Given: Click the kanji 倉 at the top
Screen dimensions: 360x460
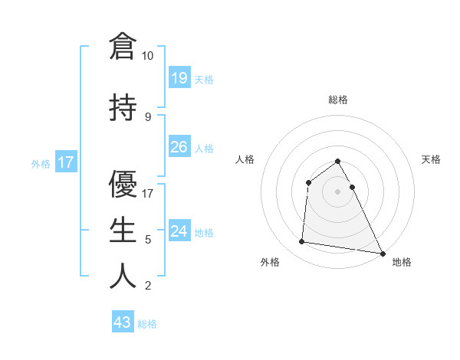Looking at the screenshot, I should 123,45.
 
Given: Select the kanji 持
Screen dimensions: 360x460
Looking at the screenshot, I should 123,107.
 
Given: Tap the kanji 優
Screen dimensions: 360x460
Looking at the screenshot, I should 123,184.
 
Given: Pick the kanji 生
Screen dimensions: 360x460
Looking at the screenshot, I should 123,230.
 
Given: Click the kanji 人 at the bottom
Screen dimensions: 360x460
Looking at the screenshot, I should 123,276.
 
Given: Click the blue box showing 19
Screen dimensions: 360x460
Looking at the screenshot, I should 179,77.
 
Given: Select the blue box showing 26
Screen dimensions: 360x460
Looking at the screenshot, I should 179,147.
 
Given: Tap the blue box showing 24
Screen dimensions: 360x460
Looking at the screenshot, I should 179,231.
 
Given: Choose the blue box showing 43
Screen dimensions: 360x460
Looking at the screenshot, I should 123,322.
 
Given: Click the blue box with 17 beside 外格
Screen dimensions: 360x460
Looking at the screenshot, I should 66,162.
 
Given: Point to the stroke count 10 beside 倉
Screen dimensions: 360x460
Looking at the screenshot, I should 148,56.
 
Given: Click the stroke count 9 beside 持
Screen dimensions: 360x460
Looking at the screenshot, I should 147,117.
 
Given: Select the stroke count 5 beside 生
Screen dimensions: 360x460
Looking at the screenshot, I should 147,240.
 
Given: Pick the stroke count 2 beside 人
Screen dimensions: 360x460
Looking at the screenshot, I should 147,286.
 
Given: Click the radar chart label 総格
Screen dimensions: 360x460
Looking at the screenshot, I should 338,100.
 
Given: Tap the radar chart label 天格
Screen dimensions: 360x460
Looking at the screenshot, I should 432,159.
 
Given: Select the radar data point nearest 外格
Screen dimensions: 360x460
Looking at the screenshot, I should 302,242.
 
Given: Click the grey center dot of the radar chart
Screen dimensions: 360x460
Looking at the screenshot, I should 338,191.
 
